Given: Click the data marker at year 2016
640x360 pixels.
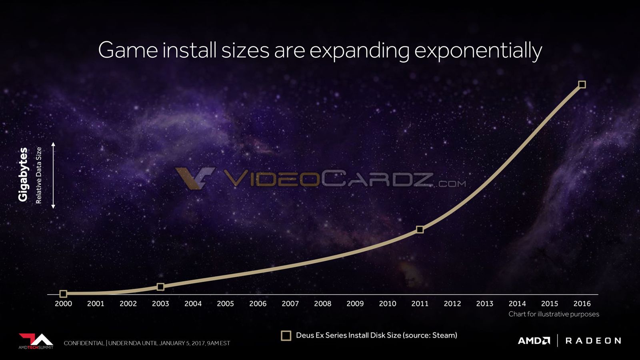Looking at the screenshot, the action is click(x=582, y=84).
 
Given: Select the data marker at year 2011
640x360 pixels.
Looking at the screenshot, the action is click(x=420, y=230).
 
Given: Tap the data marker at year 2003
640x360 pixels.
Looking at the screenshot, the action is click(x=160, y=286).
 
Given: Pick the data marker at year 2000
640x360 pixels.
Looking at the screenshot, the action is click(x=64, y=294).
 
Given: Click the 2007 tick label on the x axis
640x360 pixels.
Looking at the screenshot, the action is click(x=290, y=304).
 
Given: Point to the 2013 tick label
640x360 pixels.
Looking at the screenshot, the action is click(x=484, y=304).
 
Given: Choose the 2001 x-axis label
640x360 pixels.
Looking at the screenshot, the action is click(x=96, y=304).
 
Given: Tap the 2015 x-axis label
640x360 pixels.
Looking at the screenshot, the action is click(x=550, y=304).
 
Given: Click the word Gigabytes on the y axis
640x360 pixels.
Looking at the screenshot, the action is click(x=23, y=174).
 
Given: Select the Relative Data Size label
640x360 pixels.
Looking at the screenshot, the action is click(x=38, y=175).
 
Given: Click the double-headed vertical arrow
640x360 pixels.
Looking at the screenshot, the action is click(x=53, y=175).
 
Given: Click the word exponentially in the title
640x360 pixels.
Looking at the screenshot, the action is click(x=478, y=50).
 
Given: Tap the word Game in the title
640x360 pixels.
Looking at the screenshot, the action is click(x=128, y=50).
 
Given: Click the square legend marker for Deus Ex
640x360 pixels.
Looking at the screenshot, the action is click(x=286, y=336).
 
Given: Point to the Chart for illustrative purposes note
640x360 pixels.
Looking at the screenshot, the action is click(x=554, y=314).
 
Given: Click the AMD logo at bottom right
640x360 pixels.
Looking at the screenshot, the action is click(x=534, y=340).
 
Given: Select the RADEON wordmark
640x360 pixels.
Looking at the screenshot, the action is click(x=593, y=340).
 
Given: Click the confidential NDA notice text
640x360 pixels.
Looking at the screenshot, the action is click(x=147, y=343).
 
